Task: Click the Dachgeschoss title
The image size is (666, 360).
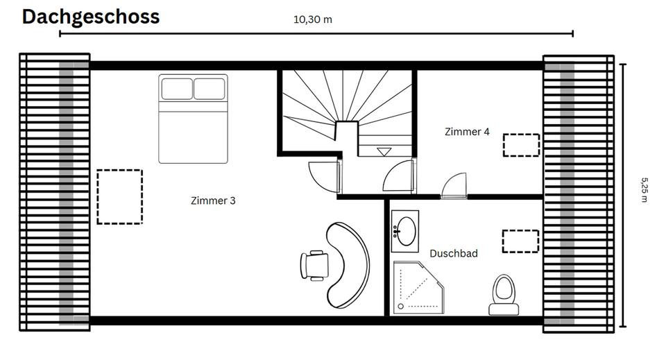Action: click(x=90, y=17)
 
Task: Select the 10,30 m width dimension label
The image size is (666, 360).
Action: click(x=313, y=19)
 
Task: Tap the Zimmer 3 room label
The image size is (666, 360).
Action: click(x=213, y=200)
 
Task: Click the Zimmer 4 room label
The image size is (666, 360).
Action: click(x=467, y=131)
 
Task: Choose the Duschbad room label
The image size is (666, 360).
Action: click(x=453, y=254)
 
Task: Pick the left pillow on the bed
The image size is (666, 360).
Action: click(x=177, y=89)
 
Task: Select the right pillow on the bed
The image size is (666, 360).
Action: click(x=210, y=89)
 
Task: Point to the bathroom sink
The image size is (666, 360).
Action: click(x=405, y=231)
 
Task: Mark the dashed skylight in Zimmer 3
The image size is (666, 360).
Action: click(x=119, y=196)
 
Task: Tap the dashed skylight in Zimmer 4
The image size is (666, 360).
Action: click(x=520, y=145)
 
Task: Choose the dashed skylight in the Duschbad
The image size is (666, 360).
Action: click(x=520, y=241)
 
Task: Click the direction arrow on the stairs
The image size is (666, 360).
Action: click(x=383, y=151)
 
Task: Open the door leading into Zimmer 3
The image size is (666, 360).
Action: click(x=323, y=175)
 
